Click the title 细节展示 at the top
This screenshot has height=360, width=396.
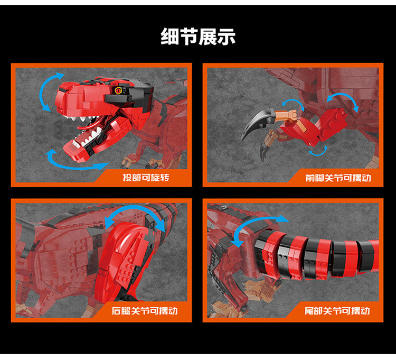pos(198,36)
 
